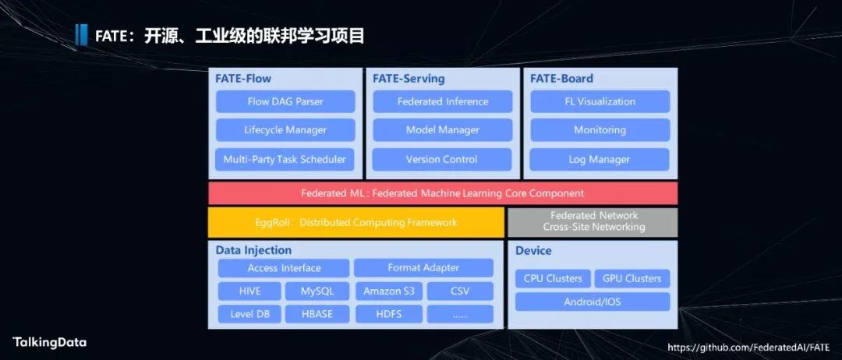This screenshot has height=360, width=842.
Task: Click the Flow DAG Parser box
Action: pyautogui.click(x=285, y=101)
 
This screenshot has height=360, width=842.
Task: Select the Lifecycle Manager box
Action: pyautogui.click(x=285, y=130)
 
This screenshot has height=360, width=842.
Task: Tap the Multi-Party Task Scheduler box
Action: pyautogui.click(x=285, y=159)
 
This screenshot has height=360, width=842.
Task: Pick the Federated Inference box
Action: pyautogui.click(x=443, y=101)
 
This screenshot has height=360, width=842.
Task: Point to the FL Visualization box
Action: pyautogui.click(x=600, y=101)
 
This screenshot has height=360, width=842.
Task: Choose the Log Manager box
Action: pyautogui.click(x=600, y=159)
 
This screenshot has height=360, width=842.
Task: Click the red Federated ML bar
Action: pyautogui.click(x=443, y=193)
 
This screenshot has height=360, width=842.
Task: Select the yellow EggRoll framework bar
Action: pyautogui.click(x=356, y=222)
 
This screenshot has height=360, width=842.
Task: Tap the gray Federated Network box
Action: pyautogui.click(x=593, y=222)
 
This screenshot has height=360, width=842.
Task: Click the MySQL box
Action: pyautogui.click(x=317, y=291)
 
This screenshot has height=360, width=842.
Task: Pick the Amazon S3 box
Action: pyautogui.click(x=389, y=291)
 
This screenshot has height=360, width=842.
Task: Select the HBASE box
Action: pyautogui.click(x=317, y=314)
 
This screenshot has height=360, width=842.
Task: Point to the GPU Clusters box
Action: pyautogui.click(x=632, y=278)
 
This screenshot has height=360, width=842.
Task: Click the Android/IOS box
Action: pyautogui.click(x=593, y=302)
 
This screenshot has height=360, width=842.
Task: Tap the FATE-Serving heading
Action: pyautogui.click(x=409, y=79)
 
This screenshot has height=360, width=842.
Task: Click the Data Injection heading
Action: pyautogui.click(x=253, y=251)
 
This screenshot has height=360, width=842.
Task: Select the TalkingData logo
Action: pyautogui.click(x=49, y=342)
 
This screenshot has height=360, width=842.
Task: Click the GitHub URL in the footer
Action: pyautogui.click(x=748, y=347)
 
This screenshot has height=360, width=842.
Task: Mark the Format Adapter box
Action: pyautogui.click(x=423, y=268)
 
